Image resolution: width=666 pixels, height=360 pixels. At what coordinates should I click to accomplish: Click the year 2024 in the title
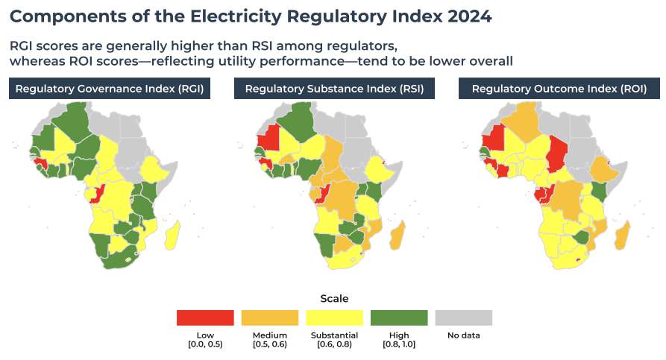(469, 16)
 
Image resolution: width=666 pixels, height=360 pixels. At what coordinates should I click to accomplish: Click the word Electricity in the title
(236, 17)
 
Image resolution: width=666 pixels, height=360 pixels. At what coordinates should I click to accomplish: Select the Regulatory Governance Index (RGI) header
(110, 89)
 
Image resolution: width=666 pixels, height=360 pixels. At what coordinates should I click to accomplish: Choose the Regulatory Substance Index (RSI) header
(334, 89)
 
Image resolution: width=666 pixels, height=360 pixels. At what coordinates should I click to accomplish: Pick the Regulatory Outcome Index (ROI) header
(559, 89)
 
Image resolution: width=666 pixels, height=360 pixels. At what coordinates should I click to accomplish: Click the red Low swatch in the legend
(205, 318)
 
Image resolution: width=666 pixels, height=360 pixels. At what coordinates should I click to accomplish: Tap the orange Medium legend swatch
(270, 318)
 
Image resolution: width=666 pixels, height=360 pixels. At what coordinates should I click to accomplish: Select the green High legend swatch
(399, 318)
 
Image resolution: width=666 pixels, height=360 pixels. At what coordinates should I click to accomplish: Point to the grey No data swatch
(463, 318)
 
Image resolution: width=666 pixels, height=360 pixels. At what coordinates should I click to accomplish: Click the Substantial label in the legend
(334, 335)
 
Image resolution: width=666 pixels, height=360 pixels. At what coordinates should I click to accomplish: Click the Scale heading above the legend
(334, 298)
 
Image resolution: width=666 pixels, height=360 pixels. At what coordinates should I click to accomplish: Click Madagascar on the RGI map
(173, 235)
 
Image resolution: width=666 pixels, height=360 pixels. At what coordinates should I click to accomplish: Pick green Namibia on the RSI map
(325, 245)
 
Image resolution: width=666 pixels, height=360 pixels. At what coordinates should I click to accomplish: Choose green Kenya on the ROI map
(598, 192)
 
